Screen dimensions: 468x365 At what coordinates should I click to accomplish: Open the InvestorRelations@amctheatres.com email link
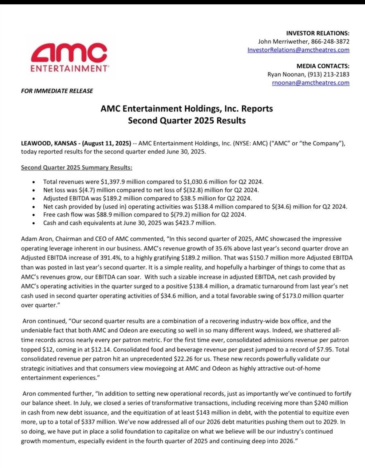298,50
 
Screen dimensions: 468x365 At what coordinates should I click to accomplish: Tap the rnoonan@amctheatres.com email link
310,83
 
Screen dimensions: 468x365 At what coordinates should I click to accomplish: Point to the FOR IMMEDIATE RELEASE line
57,91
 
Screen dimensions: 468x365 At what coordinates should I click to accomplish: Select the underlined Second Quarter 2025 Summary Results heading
77,168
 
